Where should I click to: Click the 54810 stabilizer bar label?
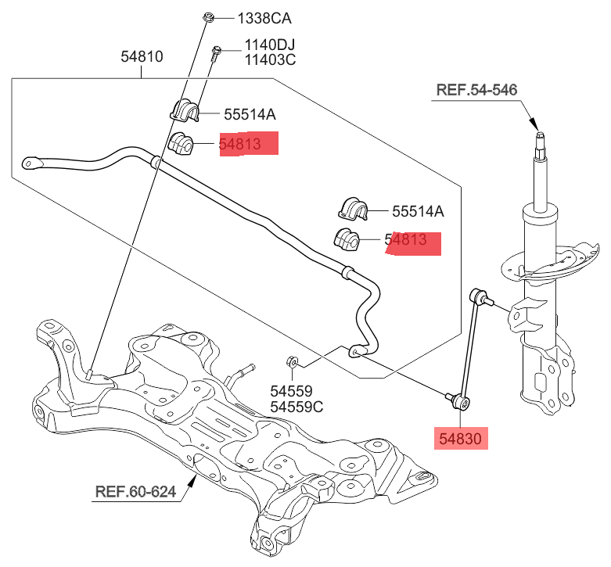[142, 57]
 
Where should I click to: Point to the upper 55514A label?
[250, 114]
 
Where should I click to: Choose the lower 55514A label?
[418, 210]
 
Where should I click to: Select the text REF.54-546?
[476, 91]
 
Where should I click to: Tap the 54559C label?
[297, 407]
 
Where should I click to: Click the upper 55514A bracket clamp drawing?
[185, 110]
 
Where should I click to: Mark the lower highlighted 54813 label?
[412, 242]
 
